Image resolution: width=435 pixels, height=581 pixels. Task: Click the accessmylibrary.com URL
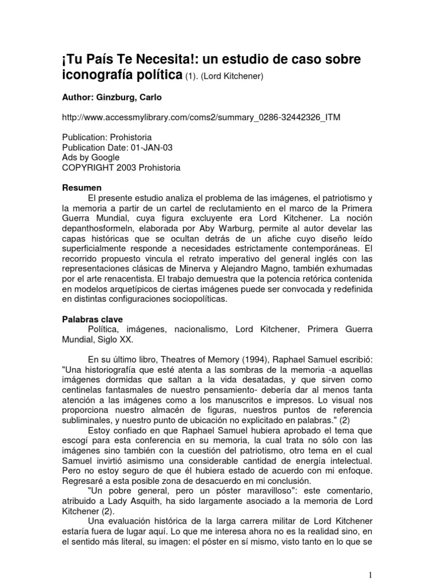[201, 117]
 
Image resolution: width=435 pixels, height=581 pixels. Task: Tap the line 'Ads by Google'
[91, 157]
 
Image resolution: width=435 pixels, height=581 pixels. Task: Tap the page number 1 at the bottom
[369, 559]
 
